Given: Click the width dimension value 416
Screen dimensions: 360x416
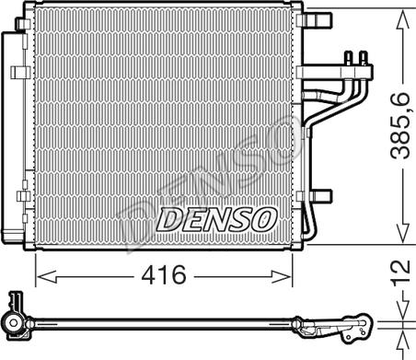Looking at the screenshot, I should point(163,275).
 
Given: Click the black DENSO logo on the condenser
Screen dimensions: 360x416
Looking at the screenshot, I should point(214,219).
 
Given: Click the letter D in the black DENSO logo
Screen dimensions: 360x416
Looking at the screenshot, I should point(166,219).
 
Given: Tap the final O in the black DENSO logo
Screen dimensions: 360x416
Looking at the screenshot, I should point(262,219).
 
